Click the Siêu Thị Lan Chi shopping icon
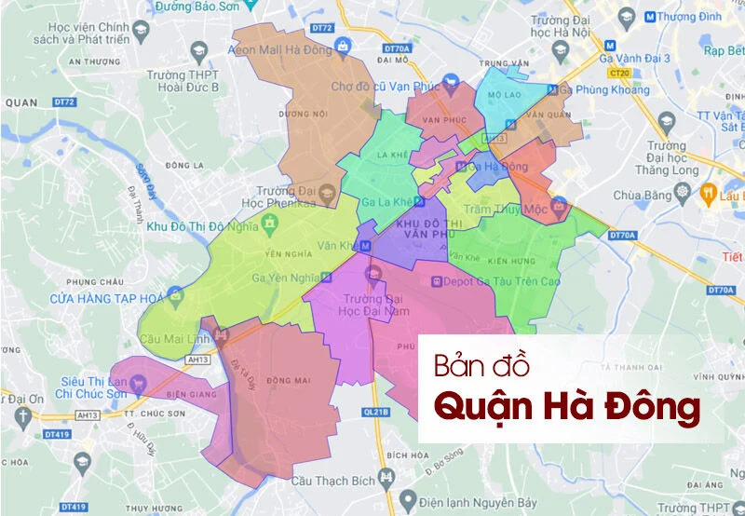coord(138,380)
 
